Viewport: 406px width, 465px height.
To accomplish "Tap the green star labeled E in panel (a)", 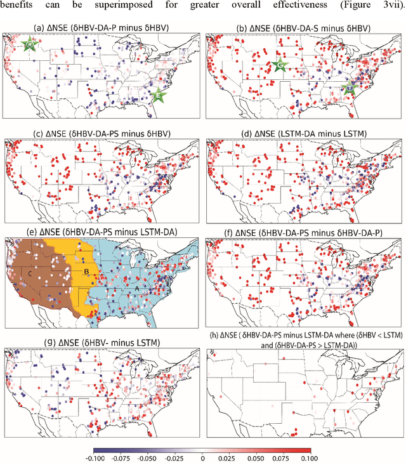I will pos(159,95).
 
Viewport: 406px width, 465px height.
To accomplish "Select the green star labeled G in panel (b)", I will pos(279,65).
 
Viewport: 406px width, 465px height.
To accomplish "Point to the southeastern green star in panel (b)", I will pos(348,89).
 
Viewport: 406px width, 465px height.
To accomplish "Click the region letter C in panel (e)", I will pos(30,273).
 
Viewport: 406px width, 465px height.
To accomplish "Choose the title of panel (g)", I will pos(101,343).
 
